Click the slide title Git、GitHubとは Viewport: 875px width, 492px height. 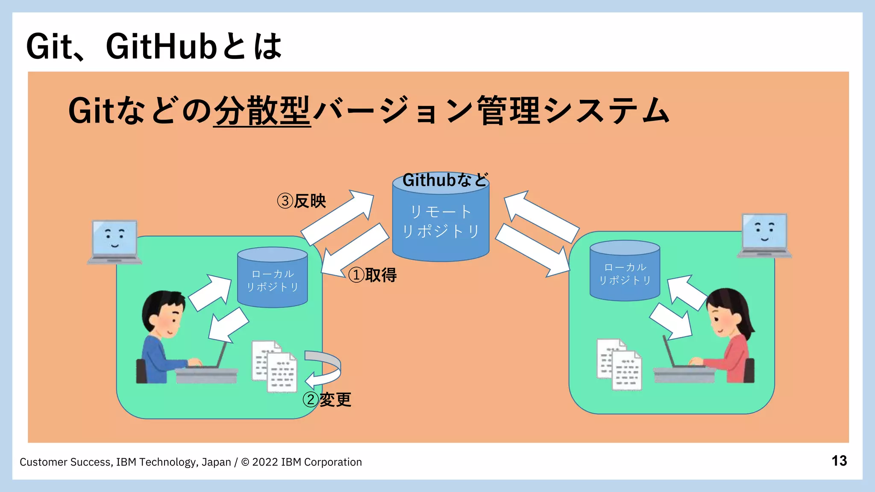(x=154, y=46)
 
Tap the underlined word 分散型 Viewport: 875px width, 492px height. (x=261, y=111)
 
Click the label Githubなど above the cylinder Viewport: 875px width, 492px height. (x=444, y=180)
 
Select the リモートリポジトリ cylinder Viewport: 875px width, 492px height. (x=440, y=226)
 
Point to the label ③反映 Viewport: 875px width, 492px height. (x=302, y=201)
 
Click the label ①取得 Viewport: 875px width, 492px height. (x=373, y=275)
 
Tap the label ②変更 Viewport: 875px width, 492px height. (x=327, y=400)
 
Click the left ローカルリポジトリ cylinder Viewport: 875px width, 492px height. (x=272, y=280)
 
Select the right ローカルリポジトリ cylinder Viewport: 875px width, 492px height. (x=625, y=273)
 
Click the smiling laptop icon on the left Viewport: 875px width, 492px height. (x=115, y=241)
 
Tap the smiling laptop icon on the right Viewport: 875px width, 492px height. (x=764, y=235)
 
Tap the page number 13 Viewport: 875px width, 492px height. (x=839, y=461)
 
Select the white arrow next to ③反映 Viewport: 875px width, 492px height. (x=338, y=217)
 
